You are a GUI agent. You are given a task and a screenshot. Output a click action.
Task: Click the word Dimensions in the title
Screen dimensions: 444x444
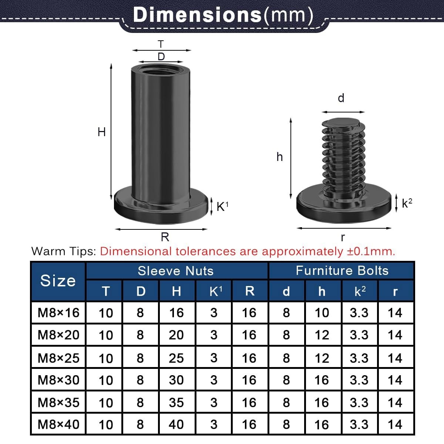[x=197, y=15]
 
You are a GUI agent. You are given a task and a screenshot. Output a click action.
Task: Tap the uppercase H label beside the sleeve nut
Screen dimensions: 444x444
[x=102, y=132]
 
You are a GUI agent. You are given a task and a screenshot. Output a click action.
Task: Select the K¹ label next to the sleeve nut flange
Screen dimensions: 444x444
[x=222, y=206]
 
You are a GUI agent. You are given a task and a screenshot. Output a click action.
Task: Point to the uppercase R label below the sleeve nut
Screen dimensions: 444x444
[x=165, y=237]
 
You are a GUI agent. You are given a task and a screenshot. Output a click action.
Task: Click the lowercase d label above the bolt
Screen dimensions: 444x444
[x=341, y=98]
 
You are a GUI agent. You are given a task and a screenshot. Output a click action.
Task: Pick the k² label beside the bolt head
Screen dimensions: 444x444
[x=407, y=203]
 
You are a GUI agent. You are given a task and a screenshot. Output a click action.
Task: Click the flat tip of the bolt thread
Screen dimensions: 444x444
[x=340, y=122]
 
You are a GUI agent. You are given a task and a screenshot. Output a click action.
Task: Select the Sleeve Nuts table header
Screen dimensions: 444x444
[x=176, y=271]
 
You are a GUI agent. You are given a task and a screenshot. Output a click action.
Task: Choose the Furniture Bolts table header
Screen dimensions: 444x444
[x=342, y=270]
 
